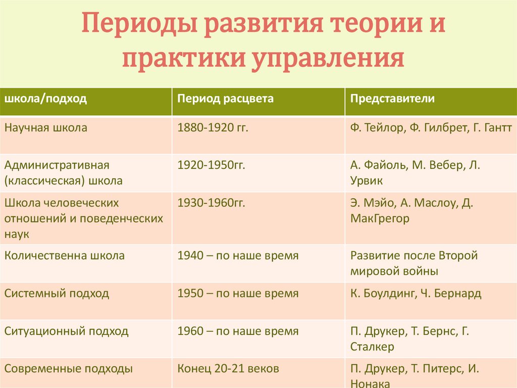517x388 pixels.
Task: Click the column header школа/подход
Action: (x=46, y=98)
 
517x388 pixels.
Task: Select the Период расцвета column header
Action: (x=225, y=98)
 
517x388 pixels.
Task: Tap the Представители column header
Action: (x=392, y=98)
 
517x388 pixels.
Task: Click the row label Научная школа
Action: (x=46, y=128)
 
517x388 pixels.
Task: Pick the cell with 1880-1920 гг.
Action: (x=213, y=128)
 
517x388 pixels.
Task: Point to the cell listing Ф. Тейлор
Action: (x=431, y=128)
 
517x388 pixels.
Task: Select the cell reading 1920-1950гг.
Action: (x=211, y=165)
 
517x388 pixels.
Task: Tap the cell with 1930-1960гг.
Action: (x=211, y=203)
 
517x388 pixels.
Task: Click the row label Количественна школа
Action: (x=65, y=256)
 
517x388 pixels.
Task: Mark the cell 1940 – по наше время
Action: (x=238, y=256)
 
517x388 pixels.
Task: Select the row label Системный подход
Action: (x=57, y=293)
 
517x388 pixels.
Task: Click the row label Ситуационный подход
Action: (x=67, y=332)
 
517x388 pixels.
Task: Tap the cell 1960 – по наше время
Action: (x=238, y=332)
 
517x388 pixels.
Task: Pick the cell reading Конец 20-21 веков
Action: (x=228, y=369)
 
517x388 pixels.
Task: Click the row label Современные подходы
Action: (x=69, y=369)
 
